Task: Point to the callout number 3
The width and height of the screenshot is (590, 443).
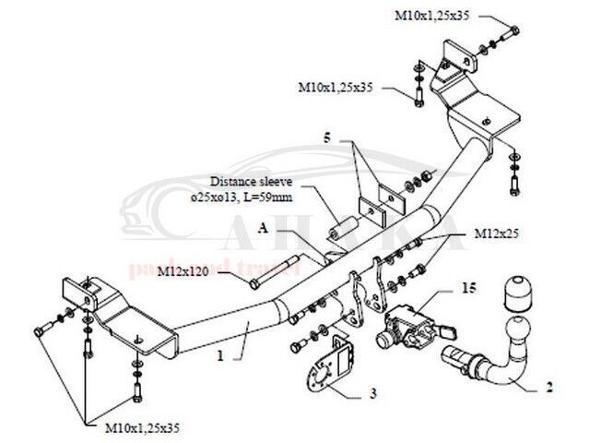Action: [372, 395]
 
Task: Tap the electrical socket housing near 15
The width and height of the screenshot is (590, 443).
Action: [403, 326]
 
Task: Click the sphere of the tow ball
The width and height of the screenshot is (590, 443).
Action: [510, 326]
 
